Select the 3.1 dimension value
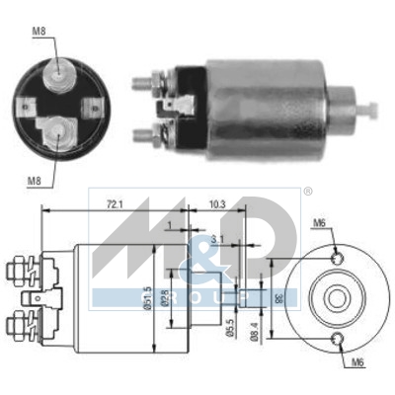(x=216, y=238)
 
